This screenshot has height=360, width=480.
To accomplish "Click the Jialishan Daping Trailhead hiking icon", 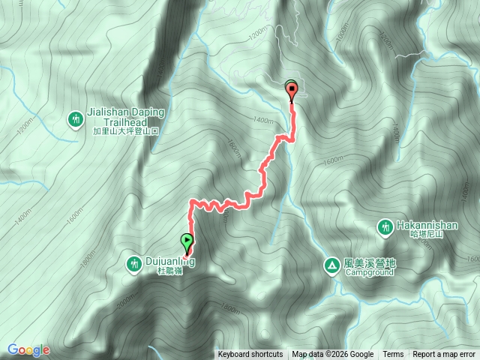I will (x=76, y=118).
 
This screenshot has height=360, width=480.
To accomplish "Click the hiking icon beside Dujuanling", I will (x=134, y=263).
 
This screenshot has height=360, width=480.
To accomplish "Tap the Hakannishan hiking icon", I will (x=385, y=226).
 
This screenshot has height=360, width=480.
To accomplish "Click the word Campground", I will (x=369, y=272).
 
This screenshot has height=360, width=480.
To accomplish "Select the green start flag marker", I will (x=186, y=242).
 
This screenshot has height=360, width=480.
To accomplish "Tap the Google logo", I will (x=28, y=349).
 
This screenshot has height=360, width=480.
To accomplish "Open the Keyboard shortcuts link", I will (x=250, y=355).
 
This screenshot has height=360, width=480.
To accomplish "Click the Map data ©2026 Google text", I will (x=333, y=355).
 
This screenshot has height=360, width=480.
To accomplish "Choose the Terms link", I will (x=393, y=355).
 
